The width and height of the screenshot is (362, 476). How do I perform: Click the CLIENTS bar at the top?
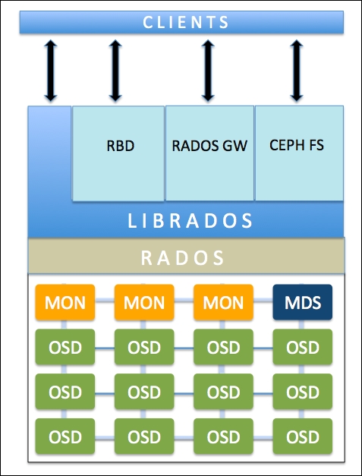186,22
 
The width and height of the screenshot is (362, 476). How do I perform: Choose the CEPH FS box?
297,145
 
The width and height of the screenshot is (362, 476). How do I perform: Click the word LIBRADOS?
190,221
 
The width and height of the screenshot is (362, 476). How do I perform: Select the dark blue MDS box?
302,303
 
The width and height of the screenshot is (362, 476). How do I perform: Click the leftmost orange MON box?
65,303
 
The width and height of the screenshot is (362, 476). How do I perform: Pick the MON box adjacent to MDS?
223,303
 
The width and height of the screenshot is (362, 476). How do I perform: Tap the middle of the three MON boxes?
144,303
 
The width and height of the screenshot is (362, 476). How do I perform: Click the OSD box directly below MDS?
302,347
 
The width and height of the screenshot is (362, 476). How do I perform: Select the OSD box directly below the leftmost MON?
65,347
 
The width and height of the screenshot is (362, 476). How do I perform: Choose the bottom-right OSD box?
302,437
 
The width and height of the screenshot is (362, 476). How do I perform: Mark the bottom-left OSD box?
65,437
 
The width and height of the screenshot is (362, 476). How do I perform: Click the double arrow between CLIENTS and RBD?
115,71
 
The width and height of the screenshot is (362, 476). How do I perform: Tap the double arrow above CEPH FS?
297,71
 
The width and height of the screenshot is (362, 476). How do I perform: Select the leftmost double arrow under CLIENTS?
50,71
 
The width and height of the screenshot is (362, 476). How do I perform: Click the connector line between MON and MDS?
263,303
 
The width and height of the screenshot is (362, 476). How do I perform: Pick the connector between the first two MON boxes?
105,303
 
